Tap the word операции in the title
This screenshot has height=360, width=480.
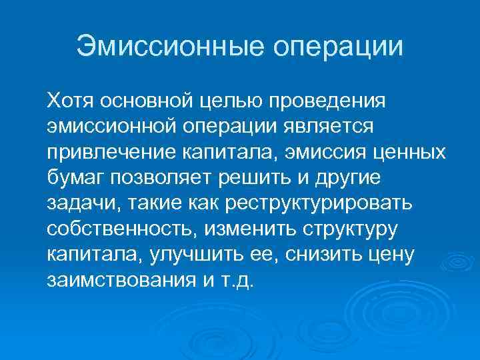click(339, 47)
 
